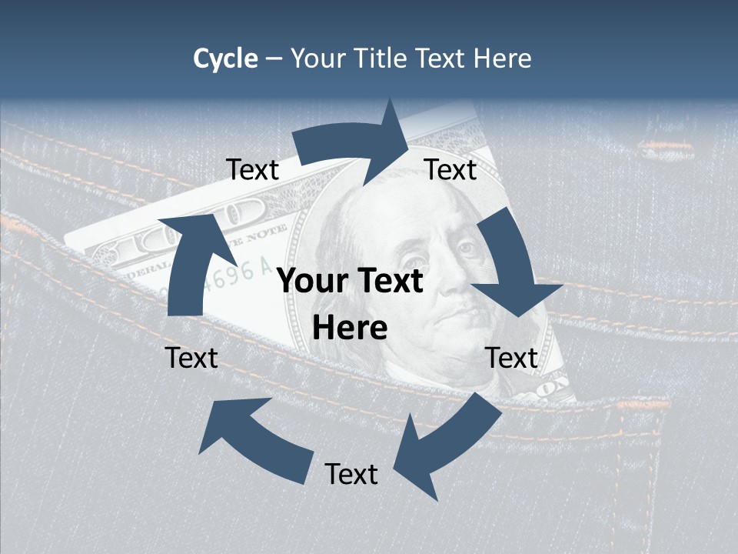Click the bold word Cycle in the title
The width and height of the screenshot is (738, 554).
tap(225, 58)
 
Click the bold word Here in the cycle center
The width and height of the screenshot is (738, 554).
tap(350, 328)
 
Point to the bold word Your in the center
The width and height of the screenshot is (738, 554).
tap(311, 282)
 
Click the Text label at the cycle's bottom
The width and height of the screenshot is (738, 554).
tap(351, 474)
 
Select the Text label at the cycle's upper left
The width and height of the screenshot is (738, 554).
tap(252, 170)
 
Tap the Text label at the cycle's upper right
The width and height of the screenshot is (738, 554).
tap(450, 170)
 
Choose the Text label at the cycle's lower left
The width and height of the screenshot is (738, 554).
tap(191, 358)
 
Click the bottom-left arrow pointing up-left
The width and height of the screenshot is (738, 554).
tap(254, 439)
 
